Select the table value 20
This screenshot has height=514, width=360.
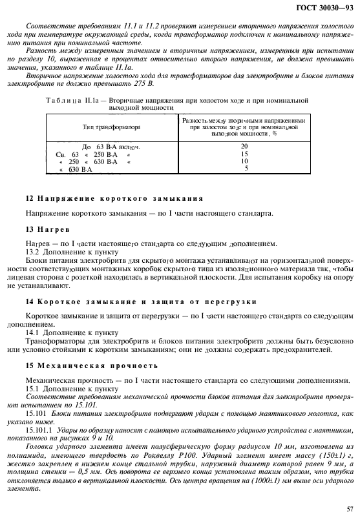tap(244, 146)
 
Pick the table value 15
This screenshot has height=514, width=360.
tap(244, 154)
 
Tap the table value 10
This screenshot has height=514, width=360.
tap(244, 161)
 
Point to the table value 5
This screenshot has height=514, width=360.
tap(246, 169)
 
